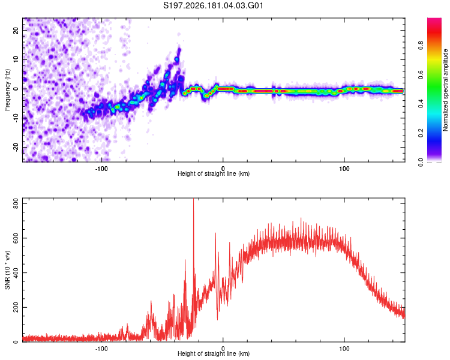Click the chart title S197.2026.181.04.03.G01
coord(213,5)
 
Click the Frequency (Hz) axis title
coord(7,90)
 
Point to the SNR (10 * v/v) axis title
coord(7,270)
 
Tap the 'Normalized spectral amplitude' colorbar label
coord(445,90)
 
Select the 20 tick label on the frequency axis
coord(16,30)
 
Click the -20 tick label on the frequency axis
coord(16,147)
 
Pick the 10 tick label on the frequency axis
coord(16,59)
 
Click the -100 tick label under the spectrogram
coord(101,169)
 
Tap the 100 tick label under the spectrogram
coord(344,169)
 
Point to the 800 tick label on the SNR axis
coord(16,203)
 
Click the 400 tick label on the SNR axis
coord(16,273)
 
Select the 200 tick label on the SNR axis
coord(16,307)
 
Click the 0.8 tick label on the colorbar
coord(421,45)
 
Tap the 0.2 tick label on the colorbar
coord(421,133)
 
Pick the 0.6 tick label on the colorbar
coord(421,74)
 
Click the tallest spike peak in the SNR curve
coord(193,199)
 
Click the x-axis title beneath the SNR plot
coord(214,353)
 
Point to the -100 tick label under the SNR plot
coord(101,349)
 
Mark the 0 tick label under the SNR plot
coord(223,349)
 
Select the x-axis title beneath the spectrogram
coord(214,173)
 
